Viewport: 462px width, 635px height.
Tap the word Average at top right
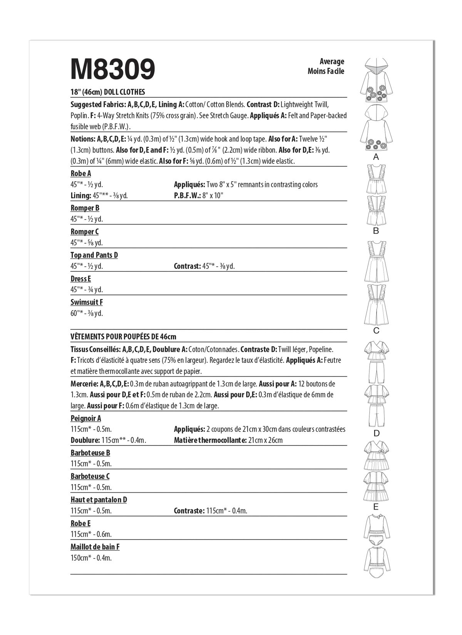click(x=331, y=61)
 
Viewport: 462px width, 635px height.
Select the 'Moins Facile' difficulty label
click(x=326, y=71)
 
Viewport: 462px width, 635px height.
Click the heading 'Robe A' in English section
click(x=81, y=173)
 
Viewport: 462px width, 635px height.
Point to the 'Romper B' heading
click(x=85, y=208)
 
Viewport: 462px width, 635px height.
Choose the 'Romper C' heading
click(x=84, y=232)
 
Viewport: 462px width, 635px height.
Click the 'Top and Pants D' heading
click(x=94, y=255)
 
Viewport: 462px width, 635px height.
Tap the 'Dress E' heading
click(x=80, y=279)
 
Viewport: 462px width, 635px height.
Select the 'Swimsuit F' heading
click(x=87, y=302)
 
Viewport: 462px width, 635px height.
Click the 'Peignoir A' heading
click(x=86, y=418)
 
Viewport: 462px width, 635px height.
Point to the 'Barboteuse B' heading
click(x=90, y=453)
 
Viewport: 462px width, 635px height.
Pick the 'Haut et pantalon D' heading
click(x=99, y=500)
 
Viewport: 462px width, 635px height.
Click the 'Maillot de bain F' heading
click(x=95, y=547)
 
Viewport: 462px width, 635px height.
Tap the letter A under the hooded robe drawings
click(x=376, y=157)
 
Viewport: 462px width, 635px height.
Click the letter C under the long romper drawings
click(x=376, y=331)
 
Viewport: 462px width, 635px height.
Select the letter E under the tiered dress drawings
click(x=376, y=507)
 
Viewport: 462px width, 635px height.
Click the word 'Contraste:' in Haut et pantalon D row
click(x=189, y=511)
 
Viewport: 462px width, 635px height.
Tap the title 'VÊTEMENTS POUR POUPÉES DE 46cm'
click(x=123, y=337)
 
